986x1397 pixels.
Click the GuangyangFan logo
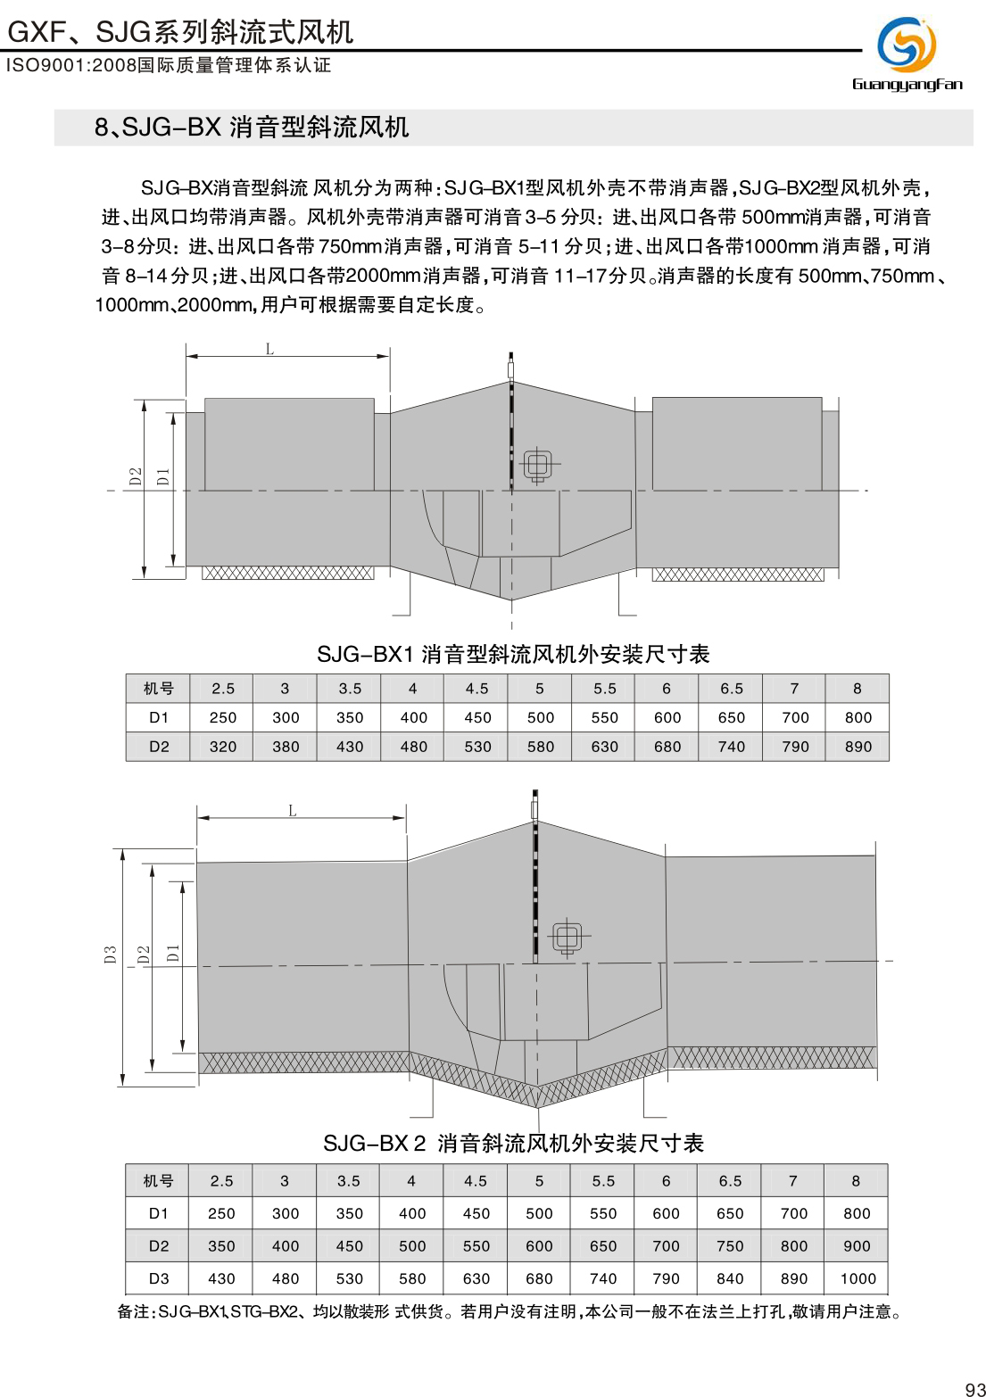pyautogui.click(x=907, y=53)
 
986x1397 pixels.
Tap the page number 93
pyautogui.click(x=974, y=1388)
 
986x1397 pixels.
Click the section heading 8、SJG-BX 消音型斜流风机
pyautogui.click(x=252, y=128)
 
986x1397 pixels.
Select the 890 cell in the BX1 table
pyautogui.click(x=858, y=747)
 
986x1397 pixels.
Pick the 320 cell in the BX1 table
pyautogui.click(x=222, y=747)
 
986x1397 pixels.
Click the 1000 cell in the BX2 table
pyautogui.click(x=857, y=1278)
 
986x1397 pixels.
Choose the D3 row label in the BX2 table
pyautogui.click(x=159, y=1278)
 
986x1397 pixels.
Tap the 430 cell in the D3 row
pyautogui.click(x=221, y=1278)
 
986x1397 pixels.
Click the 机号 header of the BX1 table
pyautogui.click(x=159, y=689)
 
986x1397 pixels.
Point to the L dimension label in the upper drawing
pyautogui.click(x=269, y=349)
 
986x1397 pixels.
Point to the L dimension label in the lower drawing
pyautogui.click(x=292, y=810)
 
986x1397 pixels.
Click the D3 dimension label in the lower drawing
pyautogui.click(x=111, y=955)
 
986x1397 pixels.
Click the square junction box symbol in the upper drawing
pyautogui.click(x=537, y=465)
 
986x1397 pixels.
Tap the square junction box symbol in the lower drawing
pyautogui.click(x=568, y=937)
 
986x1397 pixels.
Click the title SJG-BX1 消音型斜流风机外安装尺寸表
pyautogui.click(x=513, y=655)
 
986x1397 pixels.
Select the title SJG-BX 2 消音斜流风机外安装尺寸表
pyautogui.click(x=513, y=1144)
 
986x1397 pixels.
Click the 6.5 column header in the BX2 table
pyautogui.click(x=730, y=1181)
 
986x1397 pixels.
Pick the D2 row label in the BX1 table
pyautogui.click(x=159, y=747)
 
